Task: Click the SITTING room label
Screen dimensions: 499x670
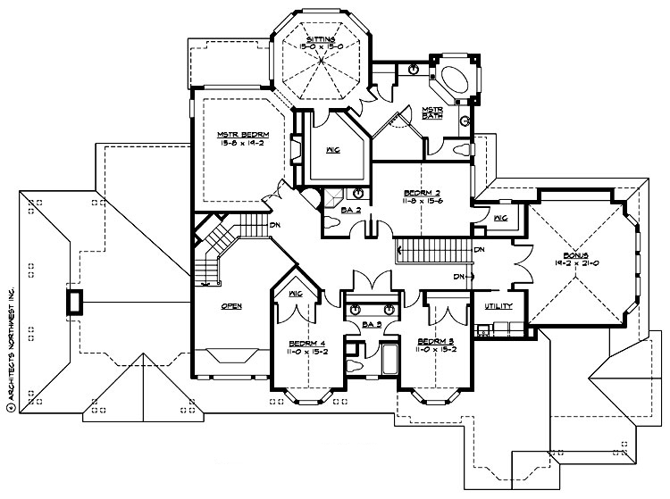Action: [321, 40]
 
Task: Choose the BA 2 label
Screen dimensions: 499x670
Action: [350, 209]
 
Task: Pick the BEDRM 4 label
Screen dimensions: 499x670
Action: [305, 342]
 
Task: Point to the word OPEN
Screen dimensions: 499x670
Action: [231, 305]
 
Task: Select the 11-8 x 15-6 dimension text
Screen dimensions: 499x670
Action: [422, 202]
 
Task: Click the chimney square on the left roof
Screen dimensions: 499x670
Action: [73, 302]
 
